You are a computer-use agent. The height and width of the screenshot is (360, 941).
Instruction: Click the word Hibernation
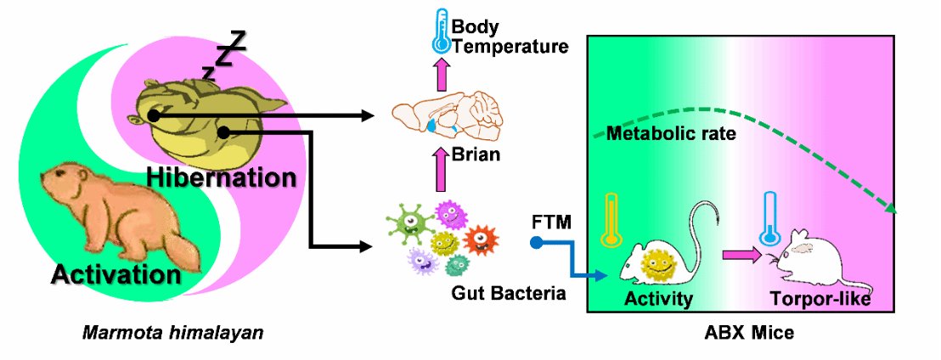tap(221, 178)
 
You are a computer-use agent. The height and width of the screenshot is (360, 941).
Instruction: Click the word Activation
tap(116, 273)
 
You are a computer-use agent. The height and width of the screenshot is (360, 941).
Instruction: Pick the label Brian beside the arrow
tap(476, 155)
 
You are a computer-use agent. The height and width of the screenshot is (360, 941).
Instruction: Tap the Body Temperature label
tap(510, 37)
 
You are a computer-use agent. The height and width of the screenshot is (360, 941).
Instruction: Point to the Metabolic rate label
tap(670, 133)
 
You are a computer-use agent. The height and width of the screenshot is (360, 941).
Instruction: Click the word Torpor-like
tap(820, 298)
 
